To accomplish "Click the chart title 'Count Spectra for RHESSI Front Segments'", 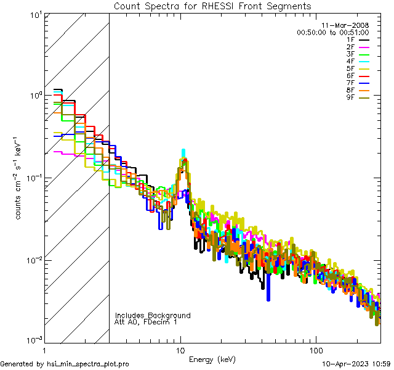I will pyautogui.click(x=212, y=6).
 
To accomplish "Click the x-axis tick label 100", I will pyautogui.click(x=315, y=350).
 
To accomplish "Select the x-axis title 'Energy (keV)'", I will pyautogui.click(x=212, y=360).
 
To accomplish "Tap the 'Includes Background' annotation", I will pyautogui.click(x=153, y=315).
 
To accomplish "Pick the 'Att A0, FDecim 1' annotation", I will pyautogui.click(x=146, y=322).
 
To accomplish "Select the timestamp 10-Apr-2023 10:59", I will pyautogui.click(x=357, y=364).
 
